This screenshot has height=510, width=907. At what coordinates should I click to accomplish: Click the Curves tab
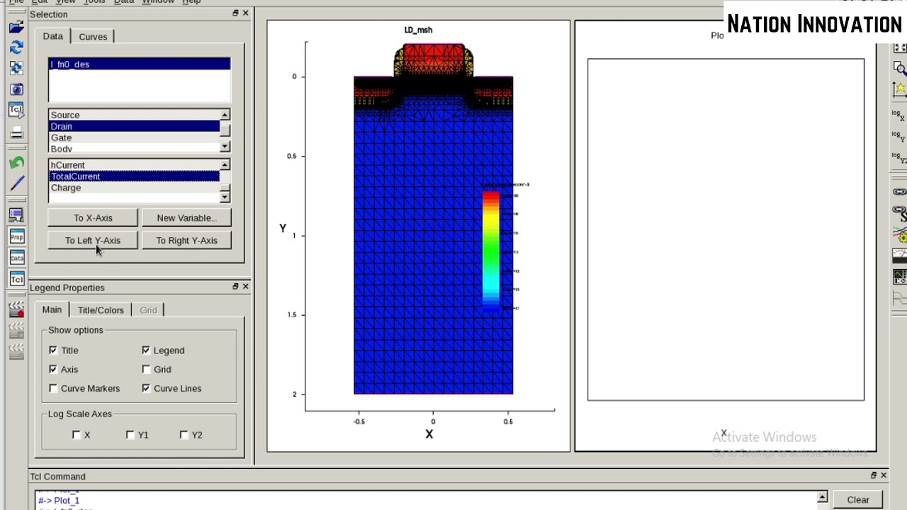click(x=93, y=37)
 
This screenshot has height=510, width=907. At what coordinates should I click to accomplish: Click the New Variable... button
click(x=186, y=217)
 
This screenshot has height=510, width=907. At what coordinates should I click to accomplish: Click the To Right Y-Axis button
click(x=186, y=240)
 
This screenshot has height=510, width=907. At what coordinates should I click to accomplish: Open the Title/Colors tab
click(x=101, y=310)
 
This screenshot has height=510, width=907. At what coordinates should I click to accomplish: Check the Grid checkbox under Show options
click(x=146, y=369)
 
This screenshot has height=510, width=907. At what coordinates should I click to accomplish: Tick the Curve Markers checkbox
click(x=53, y=388)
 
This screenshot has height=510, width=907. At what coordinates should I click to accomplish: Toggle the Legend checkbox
click(x=146, y=350)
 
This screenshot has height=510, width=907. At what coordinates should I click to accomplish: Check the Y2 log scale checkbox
click(x=184, y=435)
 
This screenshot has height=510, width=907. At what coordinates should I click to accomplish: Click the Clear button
click(x=857, y=499)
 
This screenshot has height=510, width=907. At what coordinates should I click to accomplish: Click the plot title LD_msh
click(x=418, y=30)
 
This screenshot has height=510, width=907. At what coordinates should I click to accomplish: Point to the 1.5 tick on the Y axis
click(x=292, y=314)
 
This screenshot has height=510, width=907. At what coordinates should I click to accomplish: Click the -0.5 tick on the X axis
click(x=359, y=421)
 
